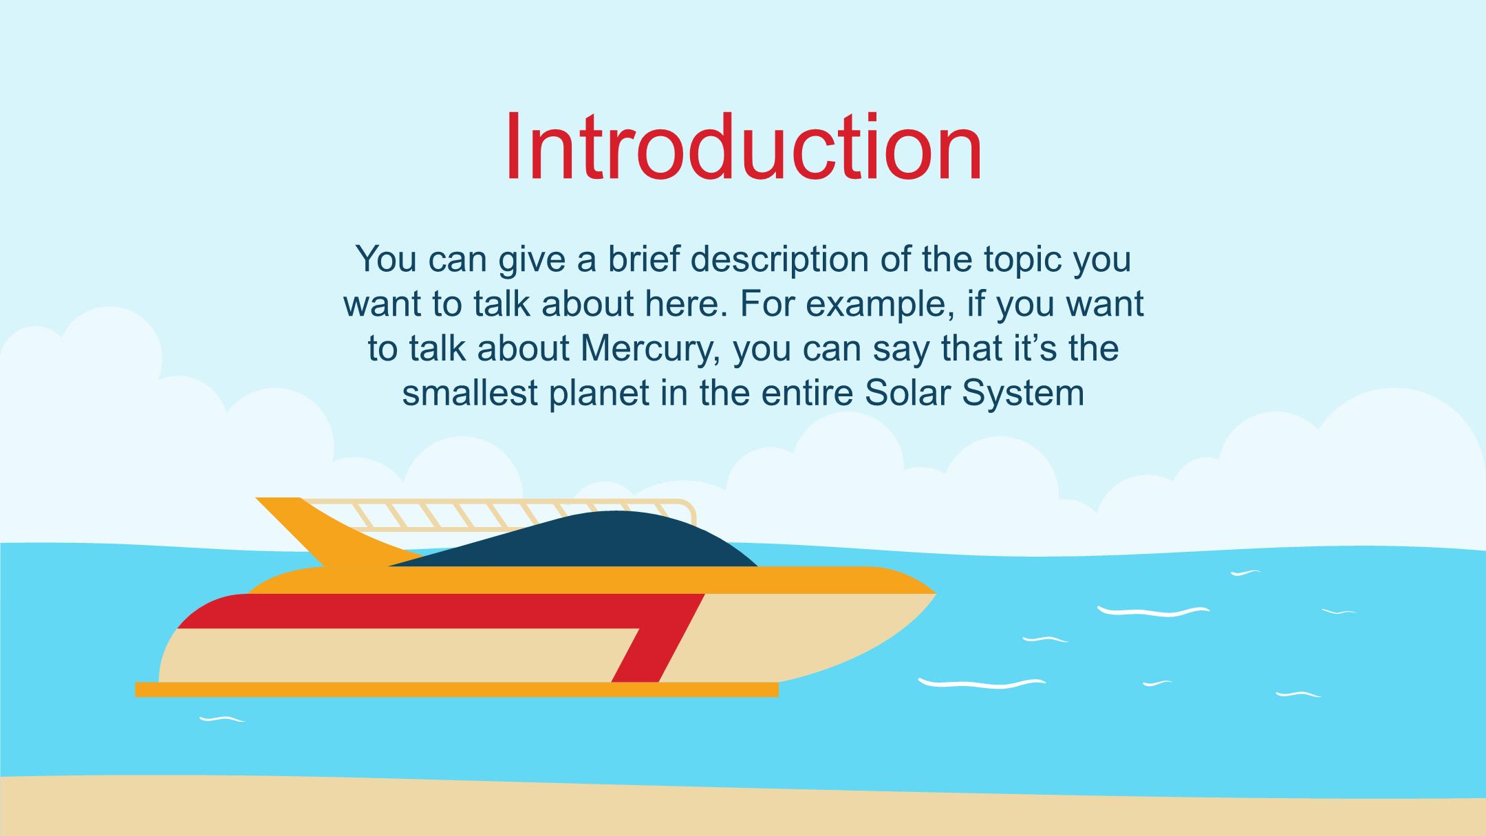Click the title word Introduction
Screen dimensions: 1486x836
click(743, 147)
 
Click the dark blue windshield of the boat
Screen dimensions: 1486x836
click(585, 540)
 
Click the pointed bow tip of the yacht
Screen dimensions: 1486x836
click(935, 593)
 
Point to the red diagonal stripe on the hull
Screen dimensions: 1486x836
click(660, 636)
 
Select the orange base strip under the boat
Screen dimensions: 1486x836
click(457, 689)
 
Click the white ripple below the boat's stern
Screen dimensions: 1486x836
click(222, 719)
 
